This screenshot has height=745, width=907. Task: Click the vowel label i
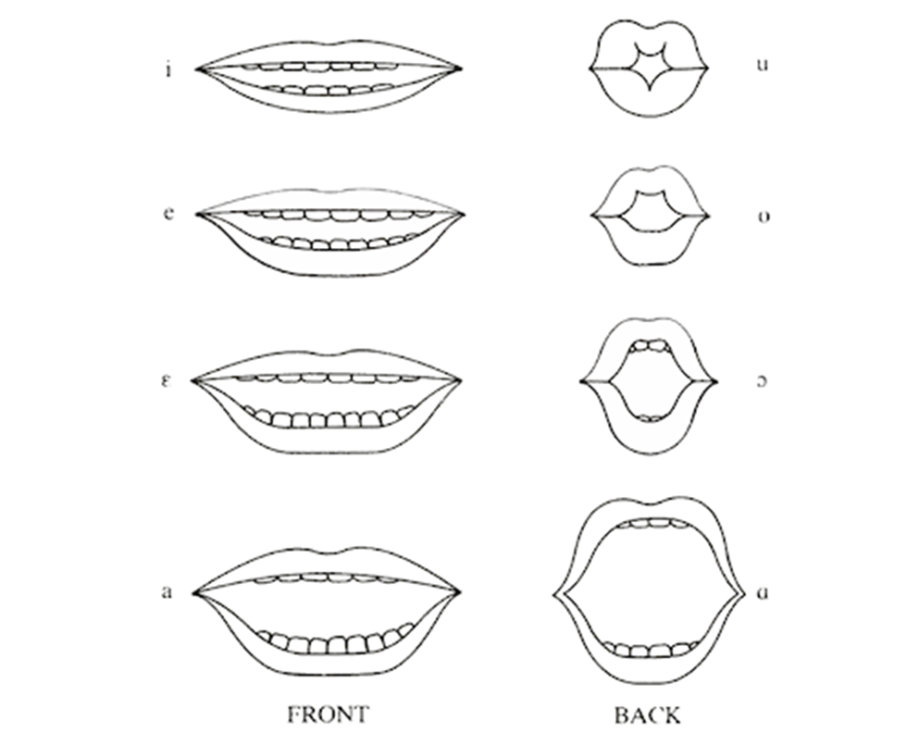tap(168, 70)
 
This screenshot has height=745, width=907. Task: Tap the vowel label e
tap(168, 214)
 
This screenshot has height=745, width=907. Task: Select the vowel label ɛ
tap(167, 381)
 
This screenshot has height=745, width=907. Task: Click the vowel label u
tap(763, 64)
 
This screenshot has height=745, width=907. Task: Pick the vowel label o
tap(764, 217)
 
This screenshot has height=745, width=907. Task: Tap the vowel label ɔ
tap(763, 381)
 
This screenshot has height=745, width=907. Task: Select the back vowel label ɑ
tap(763, 592)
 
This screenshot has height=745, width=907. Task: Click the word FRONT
tap(328, 714)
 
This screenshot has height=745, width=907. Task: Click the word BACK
tap(648, 715)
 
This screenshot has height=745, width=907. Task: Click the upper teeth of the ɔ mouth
tap(650, 346)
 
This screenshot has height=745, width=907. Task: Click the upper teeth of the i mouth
tap(317, 67)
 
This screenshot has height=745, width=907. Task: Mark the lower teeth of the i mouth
tap(328, 90)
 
